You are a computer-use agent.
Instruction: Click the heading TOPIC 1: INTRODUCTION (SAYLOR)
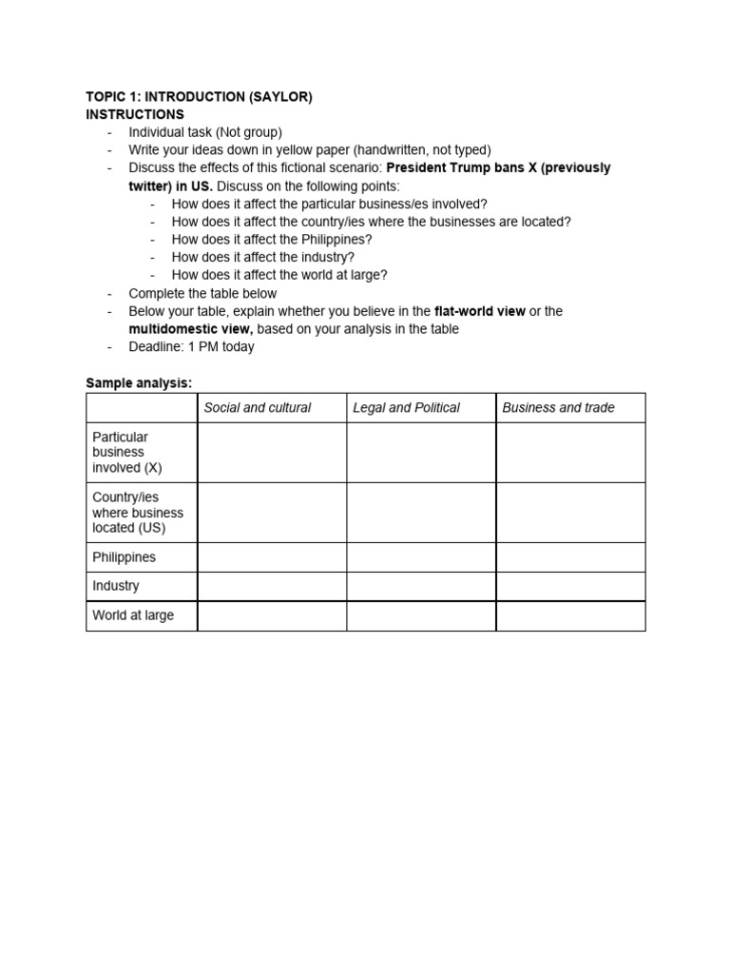pyautogui.click(x=199, y=97)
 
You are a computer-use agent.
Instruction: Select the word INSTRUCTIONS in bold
pyautogui.click(x=135, y=114)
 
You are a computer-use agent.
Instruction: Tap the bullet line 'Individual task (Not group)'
pyautogui.click(x=205, y=132)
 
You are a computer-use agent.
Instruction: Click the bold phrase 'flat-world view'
pyautogui.click(x=480, y=311)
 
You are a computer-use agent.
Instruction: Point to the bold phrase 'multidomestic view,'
pyautogui.click(x=191, y=329)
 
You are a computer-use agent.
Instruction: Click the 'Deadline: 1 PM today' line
pyautogui.click(x=191, y=347)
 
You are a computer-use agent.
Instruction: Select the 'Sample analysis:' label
pyautogui.click(x=139, y=382)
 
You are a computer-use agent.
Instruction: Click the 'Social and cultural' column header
pyautogui.click(x=258, y=408)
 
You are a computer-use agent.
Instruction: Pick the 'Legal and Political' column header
pyautogui.click(x=406, y=408)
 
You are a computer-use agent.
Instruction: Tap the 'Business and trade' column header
pyautogui.click(x=558, y=408)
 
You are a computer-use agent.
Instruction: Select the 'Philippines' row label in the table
pyautogui.click(x=124, y=557)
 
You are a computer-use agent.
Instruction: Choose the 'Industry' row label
pyautogui.click(x=116, y=587)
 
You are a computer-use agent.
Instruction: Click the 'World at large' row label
pyautogui.click(x=133, y=615)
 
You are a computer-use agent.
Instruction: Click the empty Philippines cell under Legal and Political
pyautogui.click(x=420, y=557)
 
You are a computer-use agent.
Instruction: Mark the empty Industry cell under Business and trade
pyautogui.click(x=570, y=587)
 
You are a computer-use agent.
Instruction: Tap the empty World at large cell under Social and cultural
pyautogui.click(x=272, y=615)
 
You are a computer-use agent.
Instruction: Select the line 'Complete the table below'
pyautogui.click(x=202, y=293)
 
